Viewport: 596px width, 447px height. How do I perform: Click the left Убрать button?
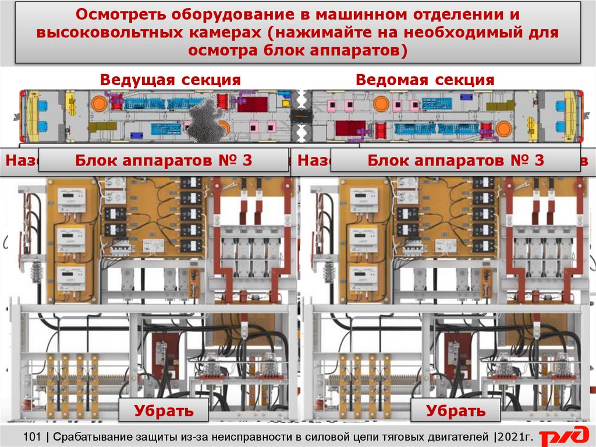click(x=164, y=410)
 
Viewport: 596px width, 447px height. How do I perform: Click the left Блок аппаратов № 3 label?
click(x=164, y=160)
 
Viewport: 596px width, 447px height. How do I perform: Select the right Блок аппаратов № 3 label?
click(x=456, y=160)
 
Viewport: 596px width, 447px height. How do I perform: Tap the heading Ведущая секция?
click(x=170, y=80)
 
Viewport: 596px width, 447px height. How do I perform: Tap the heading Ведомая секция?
click(x=425, y=80)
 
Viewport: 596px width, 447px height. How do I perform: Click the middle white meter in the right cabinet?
click(x=363, y=236)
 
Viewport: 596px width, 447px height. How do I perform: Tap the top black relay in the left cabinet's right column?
click(x=191, y=183)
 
